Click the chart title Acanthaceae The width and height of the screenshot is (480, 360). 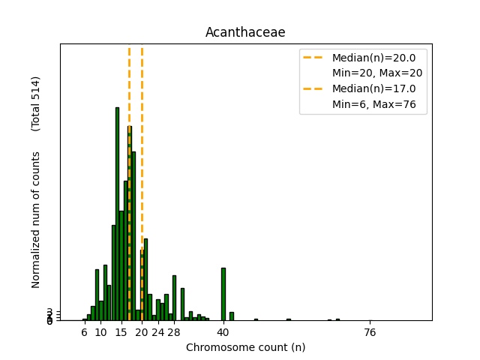pos(245,33)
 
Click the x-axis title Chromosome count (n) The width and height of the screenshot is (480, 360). pos(245,347)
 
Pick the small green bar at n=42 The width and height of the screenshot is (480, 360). pos(231,316)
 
